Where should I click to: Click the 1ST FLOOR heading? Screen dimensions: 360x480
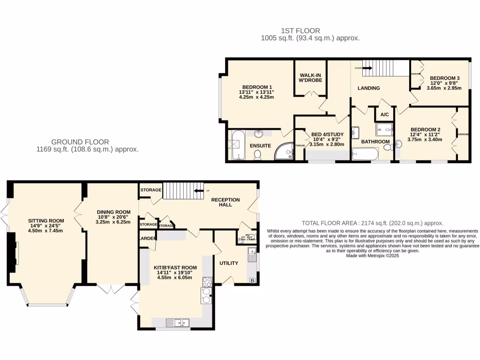tap(310, 31)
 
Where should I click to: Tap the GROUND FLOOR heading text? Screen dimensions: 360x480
tap(80, 142)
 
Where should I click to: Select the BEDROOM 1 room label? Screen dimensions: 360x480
tap(257, 87)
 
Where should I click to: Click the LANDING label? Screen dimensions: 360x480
tap(368, 88)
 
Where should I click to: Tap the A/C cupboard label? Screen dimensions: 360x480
tap(384, 115)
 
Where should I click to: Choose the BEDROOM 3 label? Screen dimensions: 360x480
tap(444, 78)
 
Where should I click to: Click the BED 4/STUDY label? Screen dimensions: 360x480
tap(327, 135)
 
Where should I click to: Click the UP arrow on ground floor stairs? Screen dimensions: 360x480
tap(199, 191)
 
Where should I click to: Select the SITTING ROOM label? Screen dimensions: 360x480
tap(45, 221)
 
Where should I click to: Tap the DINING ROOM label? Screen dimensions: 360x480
tap(113, 212)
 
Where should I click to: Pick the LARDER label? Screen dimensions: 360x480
tap(148, 239)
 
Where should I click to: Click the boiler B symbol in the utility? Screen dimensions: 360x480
tap(253, 281)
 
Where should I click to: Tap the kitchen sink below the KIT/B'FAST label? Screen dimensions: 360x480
tap(177, 322)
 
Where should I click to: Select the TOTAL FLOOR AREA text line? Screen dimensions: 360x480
tap(372, 224)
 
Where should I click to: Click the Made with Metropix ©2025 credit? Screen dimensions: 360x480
tap(372, 256)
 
